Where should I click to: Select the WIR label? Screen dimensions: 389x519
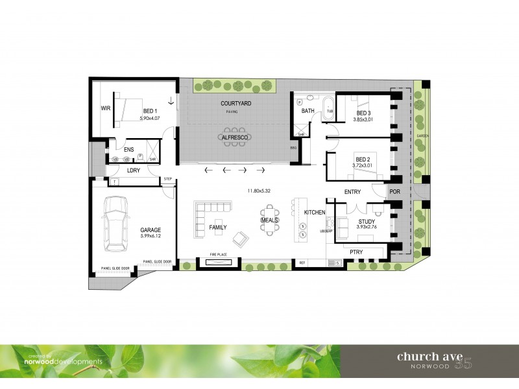tap(105, 108)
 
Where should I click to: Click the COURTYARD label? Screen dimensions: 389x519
tap(235, 104)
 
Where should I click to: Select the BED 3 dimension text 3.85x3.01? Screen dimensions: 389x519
tap(365, 119)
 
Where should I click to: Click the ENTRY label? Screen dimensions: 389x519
tap(352, 192)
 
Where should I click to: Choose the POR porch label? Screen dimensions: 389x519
tap(394, 193)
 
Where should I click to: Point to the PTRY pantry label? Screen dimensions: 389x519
tap(356, 252)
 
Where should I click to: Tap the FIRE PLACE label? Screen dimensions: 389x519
tap(216, 255)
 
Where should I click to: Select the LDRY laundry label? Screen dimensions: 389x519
tap(134, 171)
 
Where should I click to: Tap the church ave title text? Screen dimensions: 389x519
tap(429, 355)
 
